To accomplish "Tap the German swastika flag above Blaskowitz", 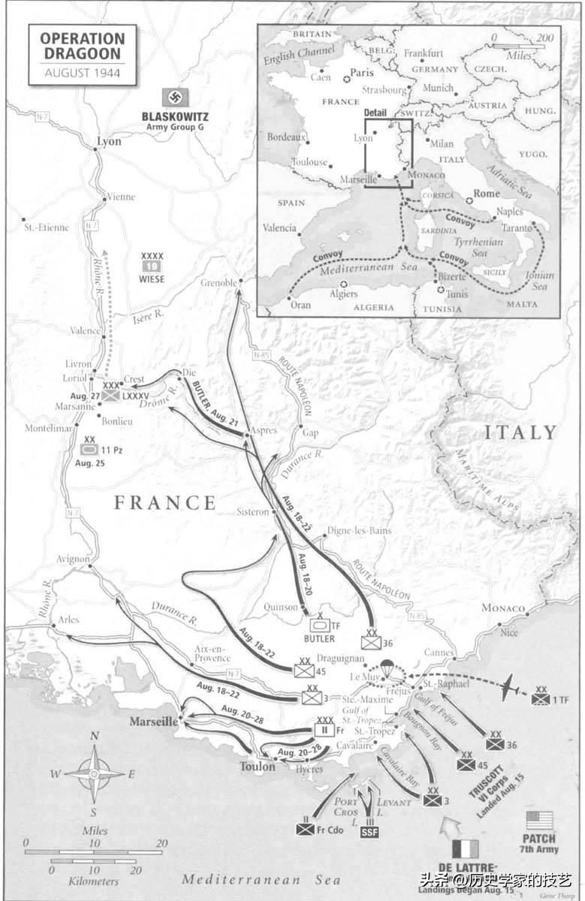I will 175,98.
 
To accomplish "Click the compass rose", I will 95,773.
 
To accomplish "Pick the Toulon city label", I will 258,767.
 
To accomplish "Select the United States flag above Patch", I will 539,820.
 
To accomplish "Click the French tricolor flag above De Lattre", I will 466,849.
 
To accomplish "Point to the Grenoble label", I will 219,283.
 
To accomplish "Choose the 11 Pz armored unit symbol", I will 89,450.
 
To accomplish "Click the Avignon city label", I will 72,559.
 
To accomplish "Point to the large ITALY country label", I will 520,432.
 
